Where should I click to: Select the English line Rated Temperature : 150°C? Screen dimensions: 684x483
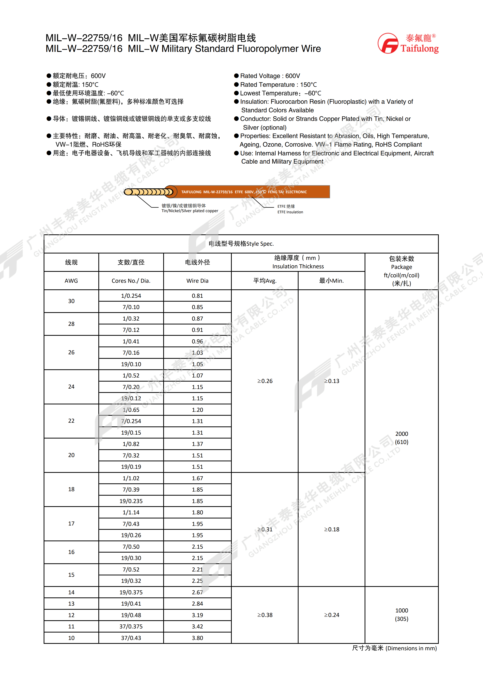(x=278, y=85)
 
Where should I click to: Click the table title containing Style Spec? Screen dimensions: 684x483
(x=241, y=244)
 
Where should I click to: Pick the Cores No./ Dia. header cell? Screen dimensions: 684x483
(x=131, y=281)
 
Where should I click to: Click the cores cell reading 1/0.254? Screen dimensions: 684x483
(x=131, y=296)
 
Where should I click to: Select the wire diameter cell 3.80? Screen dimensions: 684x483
(x=197, y=638)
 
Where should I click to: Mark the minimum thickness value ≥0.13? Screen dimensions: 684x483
(x=331, y=381)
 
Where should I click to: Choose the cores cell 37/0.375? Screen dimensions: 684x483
(x=131, y=626)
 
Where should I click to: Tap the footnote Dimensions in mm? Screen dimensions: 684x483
(x=394, y=648)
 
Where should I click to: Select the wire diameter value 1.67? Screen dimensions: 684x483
(x=197, y=478)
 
